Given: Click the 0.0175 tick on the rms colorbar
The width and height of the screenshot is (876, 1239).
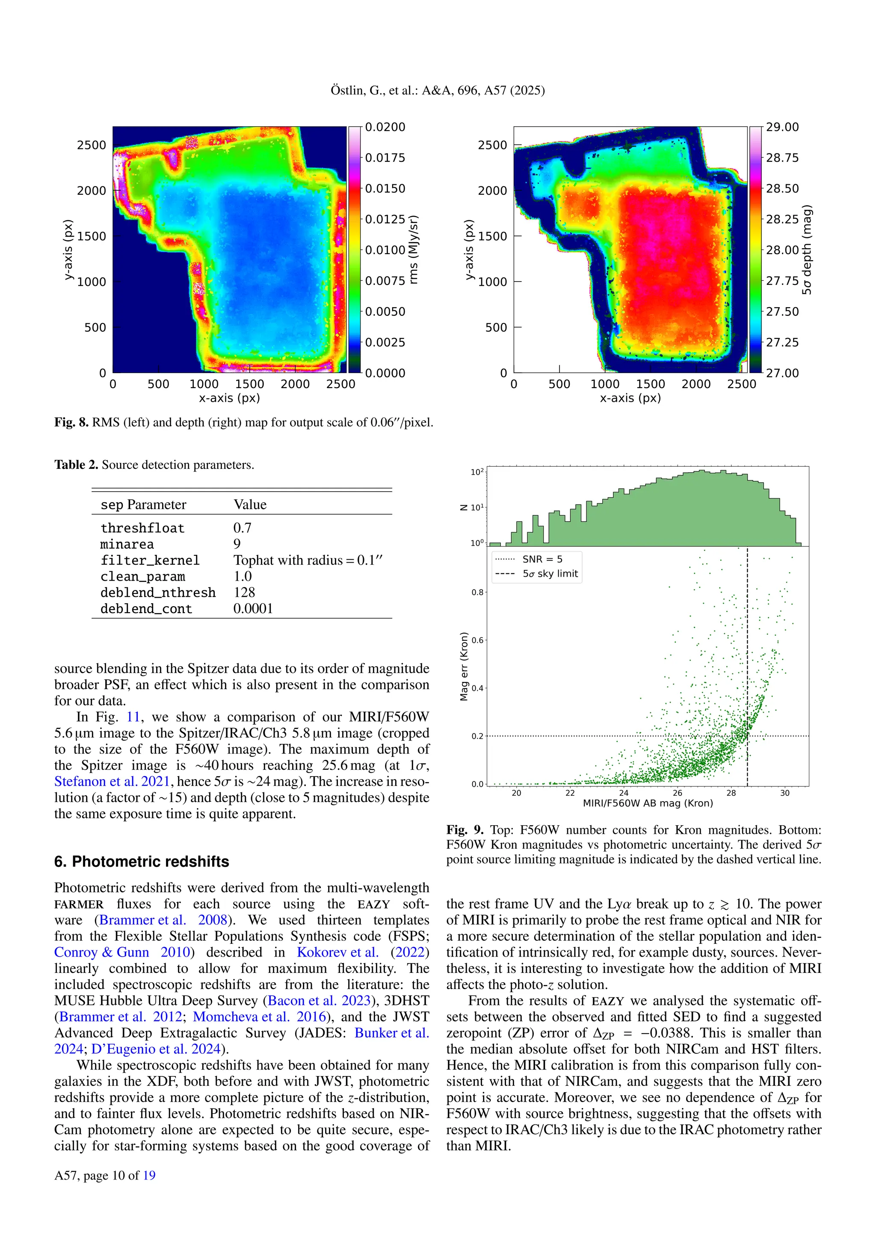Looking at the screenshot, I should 385,157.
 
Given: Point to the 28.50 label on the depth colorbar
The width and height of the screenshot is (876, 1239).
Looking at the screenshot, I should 782,188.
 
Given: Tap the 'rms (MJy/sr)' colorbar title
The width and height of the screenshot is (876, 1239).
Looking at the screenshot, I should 414,250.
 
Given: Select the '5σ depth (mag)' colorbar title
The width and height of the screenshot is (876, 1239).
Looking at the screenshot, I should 806,250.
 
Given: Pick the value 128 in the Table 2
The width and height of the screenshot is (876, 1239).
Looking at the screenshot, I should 244,593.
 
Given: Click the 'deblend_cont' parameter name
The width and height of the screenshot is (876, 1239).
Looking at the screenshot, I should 146,609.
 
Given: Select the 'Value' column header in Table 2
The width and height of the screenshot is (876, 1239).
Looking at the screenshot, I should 250,504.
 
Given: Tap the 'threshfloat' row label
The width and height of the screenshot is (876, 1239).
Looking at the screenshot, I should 142,528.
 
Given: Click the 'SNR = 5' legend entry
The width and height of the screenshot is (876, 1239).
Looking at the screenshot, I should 542,559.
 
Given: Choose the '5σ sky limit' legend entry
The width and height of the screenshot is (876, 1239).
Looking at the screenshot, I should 550,574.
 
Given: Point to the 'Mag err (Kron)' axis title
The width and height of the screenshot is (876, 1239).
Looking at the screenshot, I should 464,667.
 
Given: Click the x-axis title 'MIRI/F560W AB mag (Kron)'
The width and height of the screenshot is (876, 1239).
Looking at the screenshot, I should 648,803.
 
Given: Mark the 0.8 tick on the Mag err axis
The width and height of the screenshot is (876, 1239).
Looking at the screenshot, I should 477,592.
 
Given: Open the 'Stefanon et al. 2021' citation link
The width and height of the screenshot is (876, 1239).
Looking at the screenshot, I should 112,781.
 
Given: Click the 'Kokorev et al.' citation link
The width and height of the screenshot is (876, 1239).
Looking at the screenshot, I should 337,952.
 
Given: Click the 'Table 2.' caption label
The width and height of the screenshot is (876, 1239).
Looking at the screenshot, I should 76,465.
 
